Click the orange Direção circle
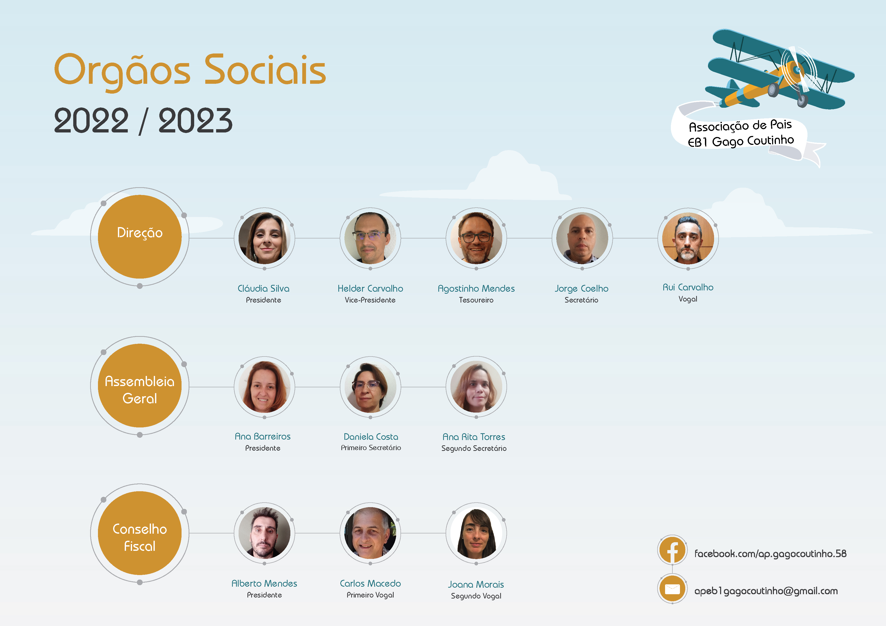click(x=140, y=236)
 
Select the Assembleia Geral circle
click(x=140, y=385)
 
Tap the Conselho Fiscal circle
click(x=140, y=533)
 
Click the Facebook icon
click(x=672, y=550)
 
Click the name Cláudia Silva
click(x=264, y=288)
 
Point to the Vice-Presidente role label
click(x=370, y=300)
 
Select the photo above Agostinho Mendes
click(x=476, y=238)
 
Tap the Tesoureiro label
click(x=476, y=300)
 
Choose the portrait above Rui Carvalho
click(x=688, y=238)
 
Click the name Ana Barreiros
click(x=263, y=437)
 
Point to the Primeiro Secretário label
click(x=371, y=448)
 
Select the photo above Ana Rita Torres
click(x=476, y=387)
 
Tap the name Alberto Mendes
click(x=264, y=584)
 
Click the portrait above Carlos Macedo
click(x=370, y=533)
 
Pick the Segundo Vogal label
click(x=476, y=596)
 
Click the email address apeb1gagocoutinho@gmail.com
click(x=766, y=591)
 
